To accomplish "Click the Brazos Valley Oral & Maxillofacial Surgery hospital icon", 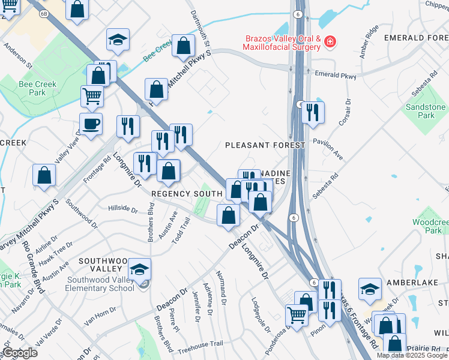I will coord(329,42).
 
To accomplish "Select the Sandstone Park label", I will coord(426,111).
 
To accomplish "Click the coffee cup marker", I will coord(91,124).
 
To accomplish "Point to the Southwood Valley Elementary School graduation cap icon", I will coord(139,269).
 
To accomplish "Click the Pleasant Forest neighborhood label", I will coord(265,145).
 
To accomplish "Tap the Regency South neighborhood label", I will coord(187,194).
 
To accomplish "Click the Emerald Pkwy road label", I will coord(336,77).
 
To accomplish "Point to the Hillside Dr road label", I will coord(122,208).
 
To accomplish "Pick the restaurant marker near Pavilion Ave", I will coord(312,112).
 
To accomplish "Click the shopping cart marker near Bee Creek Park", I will coord(92,95).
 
